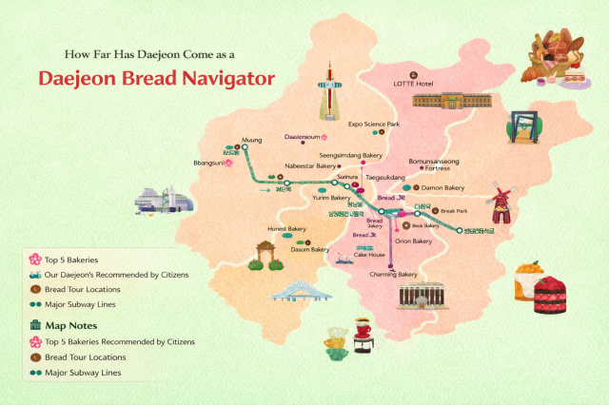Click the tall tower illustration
pyautogui.click(x=329, y=91)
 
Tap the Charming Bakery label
pyautogui.click(x=394, y=275)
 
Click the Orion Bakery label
pyautogui.click(x=414, y=241)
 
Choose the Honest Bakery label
pyautogui.click(x=286, y=228)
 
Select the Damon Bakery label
pyautogui.click(x=442, y=188)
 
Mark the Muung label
pyautogui.click(x=252, y=139)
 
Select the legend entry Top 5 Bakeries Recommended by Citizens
pyautogui.click(x=120, y=340)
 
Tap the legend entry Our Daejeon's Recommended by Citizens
pyautogui.click(x=116, y=274)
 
